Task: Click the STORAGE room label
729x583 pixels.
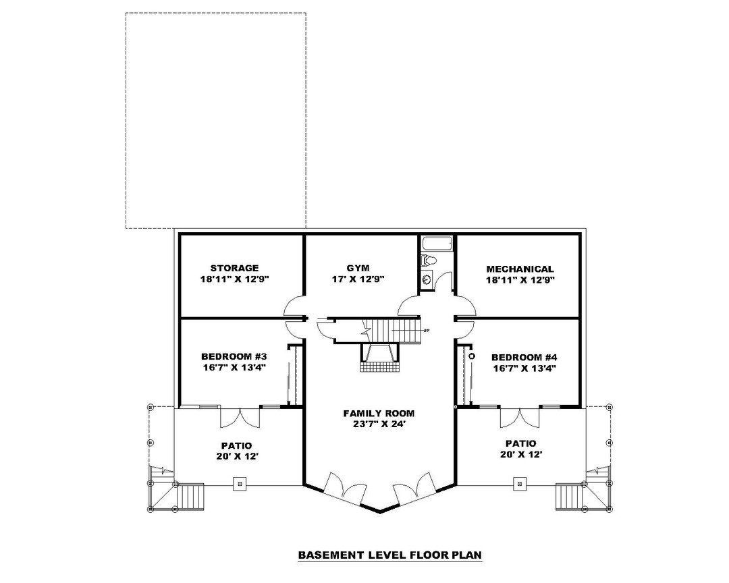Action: (234, 268)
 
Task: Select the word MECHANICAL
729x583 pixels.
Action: (520, 269)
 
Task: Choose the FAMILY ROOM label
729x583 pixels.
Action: (379, 413)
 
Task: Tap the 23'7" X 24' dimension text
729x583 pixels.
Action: (379, 424)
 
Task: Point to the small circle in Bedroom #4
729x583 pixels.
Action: (473, 356)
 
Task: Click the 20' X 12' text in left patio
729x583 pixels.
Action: (236, 456)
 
